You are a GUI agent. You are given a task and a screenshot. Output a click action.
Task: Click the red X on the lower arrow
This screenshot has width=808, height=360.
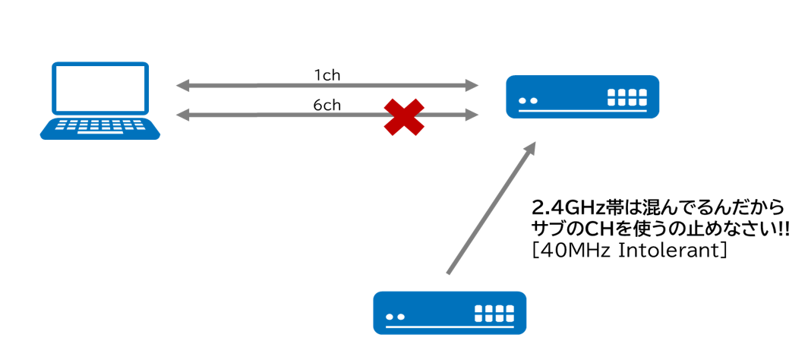pyautogui.click(x=403, y=117)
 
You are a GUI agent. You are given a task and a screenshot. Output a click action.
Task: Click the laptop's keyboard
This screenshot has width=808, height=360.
pyautogui.click(x=100, y=126)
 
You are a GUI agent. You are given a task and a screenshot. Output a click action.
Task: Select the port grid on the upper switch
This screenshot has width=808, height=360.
pyautogui.click(x=627, y=97)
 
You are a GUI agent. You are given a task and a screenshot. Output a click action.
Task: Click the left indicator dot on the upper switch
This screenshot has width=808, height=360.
pyautogui.click(x=522, y=100)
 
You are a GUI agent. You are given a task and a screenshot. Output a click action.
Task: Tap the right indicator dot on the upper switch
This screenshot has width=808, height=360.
pyautogui.click(x=534, y=100)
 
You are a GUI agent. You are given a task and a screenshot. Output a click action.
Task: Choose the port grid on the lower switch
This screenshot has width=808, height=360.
pyautogui.click(x=494, y=313)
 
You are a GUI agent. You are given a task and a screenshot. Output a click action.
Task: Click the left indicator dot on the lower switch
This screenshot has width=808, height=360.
pyautogui.click(x=390, y=316)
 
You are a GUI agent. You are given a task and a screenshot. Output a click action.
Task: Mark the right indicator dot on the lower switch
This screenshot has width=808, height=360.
pyautogui.click(x=401, y=316)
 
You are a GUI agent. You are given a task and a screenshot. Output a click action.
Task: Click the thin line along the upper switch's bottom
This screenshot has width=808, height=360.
pyautogui.click(x=582, y=112)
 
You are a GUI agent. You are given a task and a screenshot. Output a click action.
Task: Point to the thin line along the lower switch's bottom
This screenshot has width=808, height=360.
pyautogui.click(x=450, y=327)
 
